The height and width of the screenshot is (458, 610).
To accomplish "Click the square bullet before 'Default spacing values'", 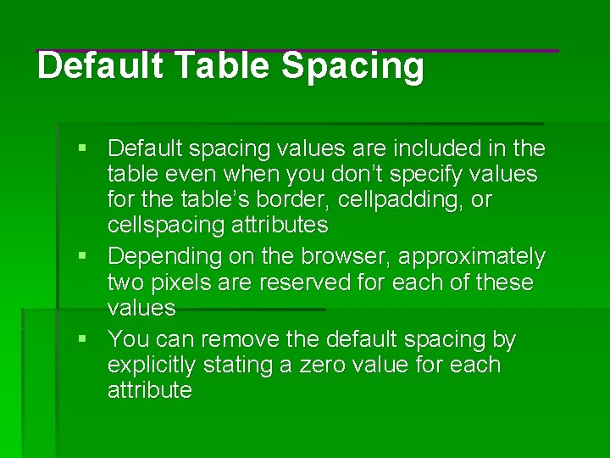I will [83, 149].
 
